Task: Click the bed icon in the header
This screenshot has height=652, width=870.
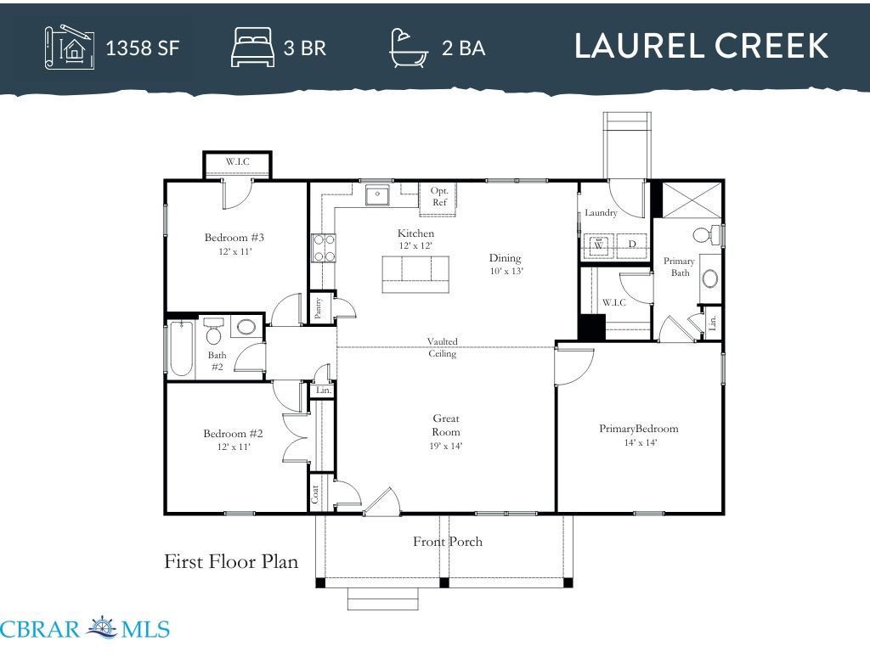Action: [252, 48]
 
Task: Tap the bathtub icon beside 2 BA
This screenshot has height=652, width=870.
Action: [409, 48]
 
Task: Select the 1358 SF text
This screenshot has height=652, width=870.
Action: [143, 48]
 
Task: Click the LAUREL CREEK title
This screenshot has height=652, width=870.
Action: [701, 46]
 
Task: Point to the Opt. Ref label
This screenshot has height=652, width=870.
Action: [439, 196]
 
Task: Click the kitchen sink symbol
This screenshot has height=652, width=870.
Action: [377, 194]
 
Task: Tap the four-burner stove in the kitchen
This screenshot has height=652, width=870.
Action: [324, 248]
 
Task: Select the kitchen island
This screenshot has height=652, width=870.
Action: [415, 274]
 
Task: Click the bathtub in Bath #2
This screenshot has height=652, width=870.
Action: [182, 348]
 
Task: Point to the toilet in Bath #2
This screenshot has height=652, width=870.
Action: [213, 330]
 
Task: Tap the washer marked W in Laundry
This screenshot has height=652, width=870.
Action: [599, 245]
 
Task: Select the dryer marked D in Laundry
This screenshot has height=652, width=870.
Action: [632, 245]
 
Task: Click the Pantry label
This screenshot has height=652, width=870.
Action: [318, 308]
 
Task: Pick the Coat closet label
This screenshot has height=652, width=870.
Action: [314, 494]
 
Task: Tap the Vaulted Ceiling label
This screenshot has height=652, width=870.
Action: [442, 347]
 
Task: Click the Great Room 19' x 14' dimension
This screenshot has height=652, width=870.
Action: [446, 446]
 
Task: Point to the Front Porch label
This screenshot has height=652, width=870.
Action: [447, 542]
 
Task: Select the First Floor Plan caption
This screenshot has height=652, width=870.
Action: [231, 562]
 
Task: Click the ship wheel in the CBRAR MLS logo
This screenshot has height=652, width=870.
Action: [102, 627]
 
